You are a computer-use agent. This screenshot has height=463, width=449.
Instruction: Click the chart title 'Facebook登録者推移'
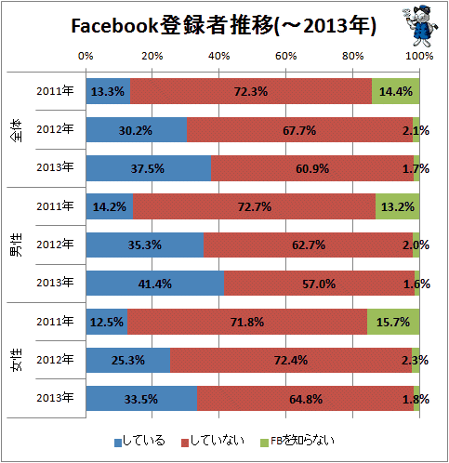click(172, 25)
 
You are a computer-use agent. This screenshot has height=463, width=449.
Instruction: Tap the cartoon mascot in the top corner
click(420, 25)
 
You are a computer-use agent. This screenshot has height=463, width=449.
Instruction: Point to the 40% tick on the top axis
click(219, 56)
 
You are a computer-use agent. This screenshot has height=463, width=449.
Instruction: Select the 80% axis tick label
click(352, 56)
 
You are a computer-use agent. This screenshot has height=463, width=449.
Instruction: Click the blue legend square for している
click(118, 443)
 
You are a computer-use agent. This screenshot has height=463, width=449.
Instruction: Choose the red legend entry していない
click(213, 441)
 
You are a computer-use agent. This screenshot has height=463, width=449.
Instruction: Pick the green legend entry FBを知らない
click(297, 441)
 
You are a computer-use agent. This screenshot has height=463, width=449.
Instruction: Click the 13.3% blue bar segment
click(108, 91)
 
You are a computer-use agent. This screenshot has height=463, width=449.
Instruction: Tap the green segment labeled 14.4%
click(396, 91)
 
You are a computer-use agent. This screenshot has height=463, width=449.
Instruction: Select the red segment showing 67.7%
click(299, 130)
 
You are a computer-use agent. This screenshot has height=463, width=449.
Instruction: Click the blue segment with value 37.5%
click(149, 168)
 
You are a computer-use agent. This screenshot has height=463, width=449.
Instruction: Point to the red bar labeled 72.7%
click(254, 206)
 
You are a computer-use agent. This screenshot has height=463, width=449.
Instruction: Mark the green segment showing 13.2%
click(398, 206)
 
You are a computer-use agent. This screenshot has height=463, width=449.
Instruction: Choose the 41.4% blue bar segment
click(155, 284)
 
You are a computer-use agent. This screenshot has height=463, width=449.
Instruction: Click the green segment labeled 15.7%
click(393, 322)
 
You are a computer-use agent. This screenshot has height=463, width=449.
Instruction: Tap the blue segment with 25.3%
click(128, 360)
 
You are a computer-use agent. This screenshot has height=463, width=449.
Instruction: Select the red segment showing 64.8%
click(306, 399)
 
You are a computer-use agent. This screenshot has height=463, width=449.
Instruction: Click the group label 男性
click(17, 245)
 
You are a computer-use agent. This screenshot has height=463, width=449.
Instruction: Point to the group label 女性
click(17, 360)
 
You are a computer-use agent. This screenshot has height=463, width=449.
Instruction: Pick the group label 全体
click(17, 130)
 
